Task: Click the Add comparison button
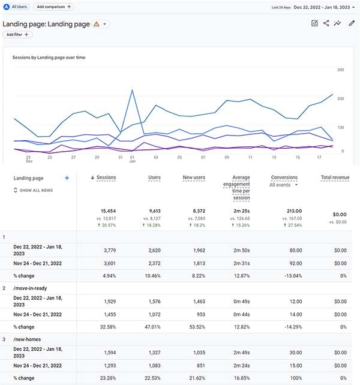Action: (x=53, y=6)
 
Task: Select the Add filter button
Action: (x=18, y=35)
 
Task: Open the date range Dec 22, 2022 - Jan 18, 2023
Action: (x=322, y=7)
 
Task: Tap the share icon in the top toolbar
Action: (x=326, y=23)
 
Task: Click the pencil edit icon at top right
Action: (x=352, y=23)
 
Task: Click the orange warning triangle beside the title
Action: (x=97, y=25)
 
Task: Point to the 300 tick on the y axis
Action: (x=340, y=70)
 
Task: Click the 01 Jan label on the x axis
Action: (x=132, y=160)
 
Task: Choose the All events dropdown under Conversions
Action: (x=284, y=185)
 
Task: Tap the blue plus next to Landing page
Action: (x=67, y=178)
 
